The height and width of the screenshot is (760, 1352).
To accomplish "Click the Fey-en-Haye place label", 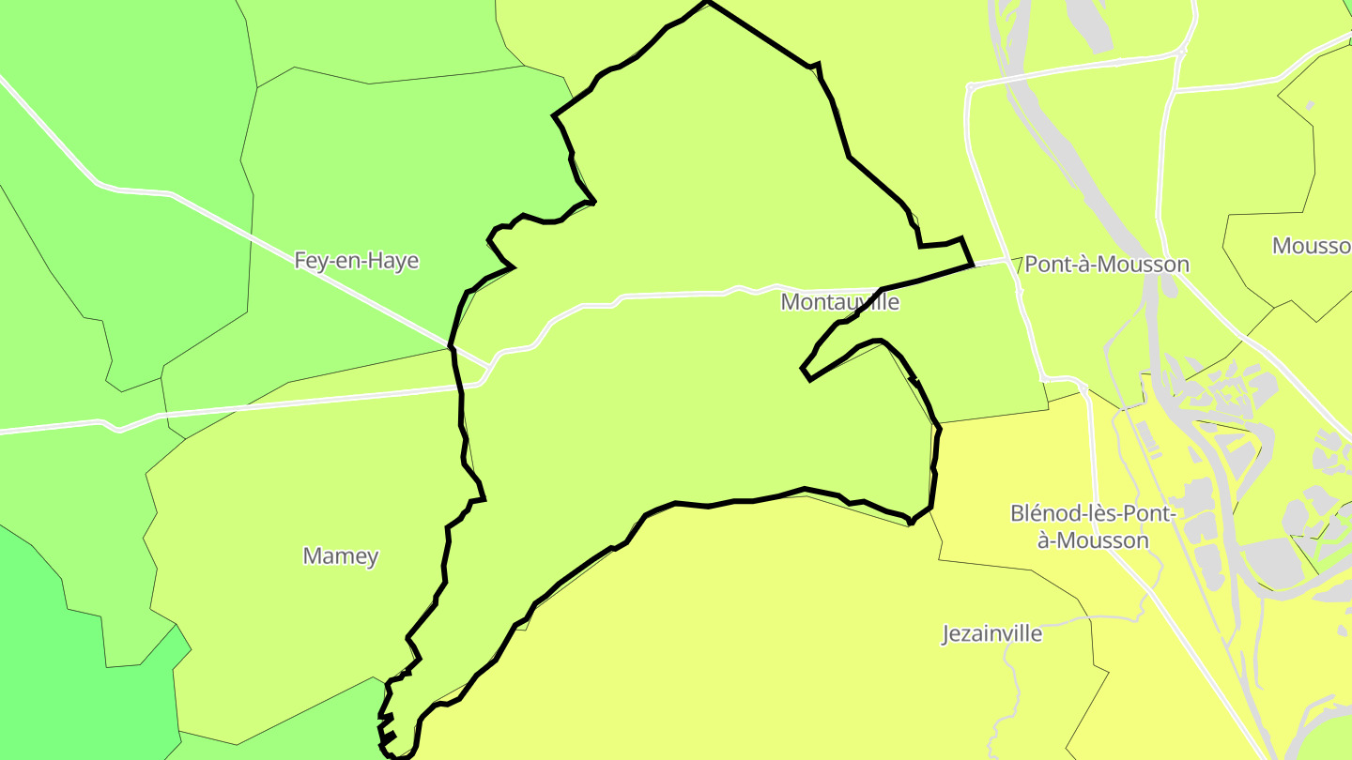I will point(356,261).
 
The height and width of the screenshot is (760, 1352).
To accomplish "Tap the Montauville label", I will point(839,302).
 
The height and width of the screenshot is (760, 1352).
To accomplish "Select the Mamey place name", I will point(340,555).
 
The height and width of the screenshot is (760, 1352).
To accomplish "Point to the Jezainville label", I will point(991,633).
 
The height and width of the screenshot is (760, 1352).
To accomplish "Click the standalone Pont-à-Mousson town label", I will point(1106,265).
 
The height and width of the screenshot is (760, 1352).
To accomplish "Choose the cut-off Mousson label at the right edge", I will point(1311,246).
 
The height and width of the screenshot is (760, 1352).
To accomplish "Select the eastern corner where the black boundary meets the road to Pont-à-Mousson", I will point(971,266).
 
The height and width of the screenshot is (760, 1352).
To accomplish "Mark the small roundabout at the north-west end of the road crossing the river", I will point(972,87).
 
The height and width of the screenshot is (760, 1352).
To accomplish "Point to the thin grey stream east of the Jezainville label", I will point(1019,685).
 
